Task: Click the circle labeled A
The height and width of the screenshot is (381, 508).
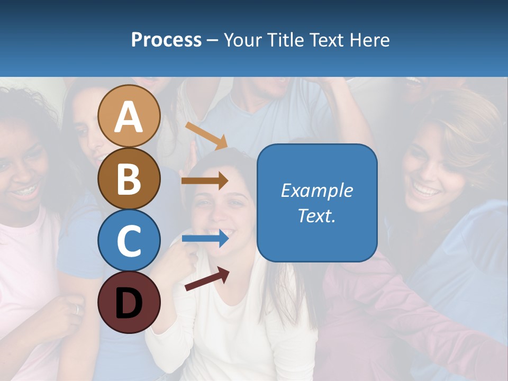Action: [129, 116]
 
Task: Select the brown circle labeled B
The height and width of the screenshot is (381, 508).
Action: [129, 178]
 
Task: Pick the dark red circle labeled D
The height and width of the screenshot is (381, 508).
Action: [129, 302]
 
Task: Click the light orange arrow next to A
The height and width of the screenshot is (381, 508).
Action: [206, 135]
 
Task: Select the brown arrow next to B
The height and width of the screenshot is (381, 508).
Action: [205, 180]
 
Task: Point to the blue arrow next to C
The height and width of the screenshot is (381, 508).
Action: [205, 239]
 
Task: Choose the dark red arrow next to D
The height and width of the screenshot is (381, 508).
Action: [207, 279]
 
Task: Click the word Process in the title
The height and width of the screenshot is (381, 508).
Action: [166, 40]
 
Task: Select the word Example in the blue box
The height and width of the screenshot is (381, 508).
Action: [317, 190]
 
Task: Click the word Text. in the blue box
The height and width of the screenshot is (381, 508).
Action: [317, 215]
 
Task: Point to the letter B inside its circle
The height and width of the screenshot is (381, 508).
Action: [129, 179]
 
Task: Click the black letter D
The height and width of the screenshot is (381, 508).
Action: [129, 303]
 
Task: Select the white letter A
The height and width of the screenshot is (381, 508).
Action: [129, 117]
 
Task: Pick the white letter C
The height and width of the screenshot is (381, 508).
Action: [129, 240]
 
